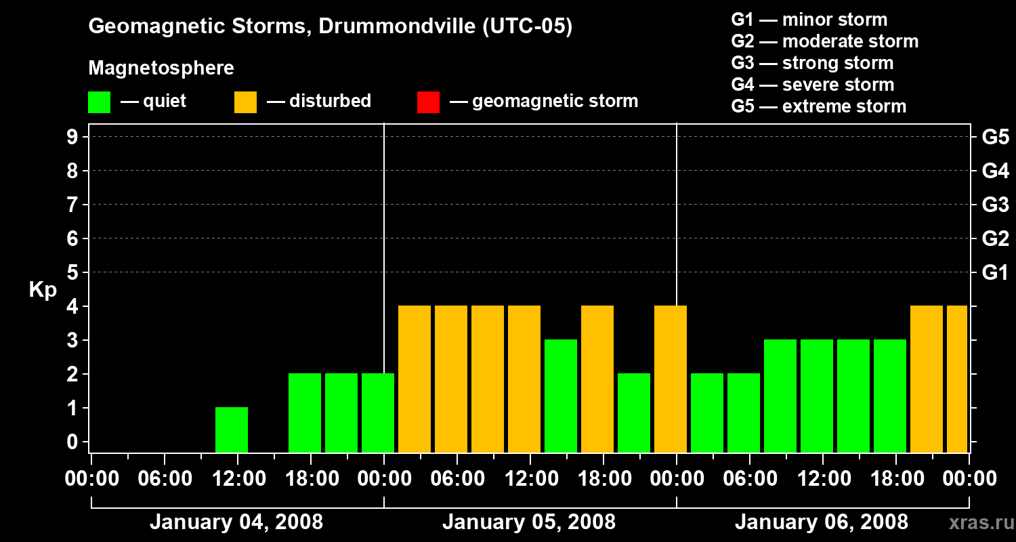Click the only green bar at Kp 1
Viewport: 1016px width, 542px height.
pyautogui.click(x=232, y=430)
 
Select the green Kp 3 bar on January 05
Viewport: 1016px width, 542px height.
pyautogui.click(x=561, y=396)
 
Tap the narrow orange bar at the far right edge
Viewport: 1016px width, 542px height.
pyautogui.click(x=957, y=379)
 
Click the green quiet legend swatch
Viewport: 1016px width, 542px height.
pyautogui.click(x=99, y=102)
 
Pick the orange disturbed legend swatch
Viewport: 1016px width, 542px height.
pyautogui.click(x=245, y=102)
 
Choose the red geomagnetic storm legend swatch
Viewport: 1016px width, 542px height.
pyautogui.click(x=428, y=102)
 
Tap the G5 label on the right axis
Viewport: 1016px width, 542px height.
pyautogui.click(x=995, y=138)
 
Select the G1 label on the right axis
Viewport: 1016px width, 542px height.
pyautogui.click(x=995, y=273)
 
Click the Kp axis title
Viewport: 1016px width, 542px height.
pyautogui.click(x=43, y=290)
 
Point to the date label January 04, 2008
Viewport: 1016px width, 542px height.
pyautogui.click(x=236, y=522)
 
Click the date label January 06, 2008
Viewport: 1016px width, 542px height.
pyautogui.click(x=822, y=522)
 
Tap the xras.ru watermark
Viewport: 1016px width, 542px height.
pyautogui.click(x=980, y=522)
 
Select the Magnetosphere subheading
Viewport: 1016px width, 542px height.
pyautogui.click(x=161, y=68)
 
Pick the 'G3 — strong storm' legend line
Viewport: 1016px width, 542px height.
pyautogui.click(x=812, y=63)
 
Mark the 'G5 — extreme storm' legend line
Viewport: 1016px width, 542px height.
pyautogui.click(x=818, y=106)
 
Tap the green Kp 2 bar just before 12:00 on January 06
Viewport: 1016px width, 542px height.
pyautogui.click(x=744, y=413)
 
